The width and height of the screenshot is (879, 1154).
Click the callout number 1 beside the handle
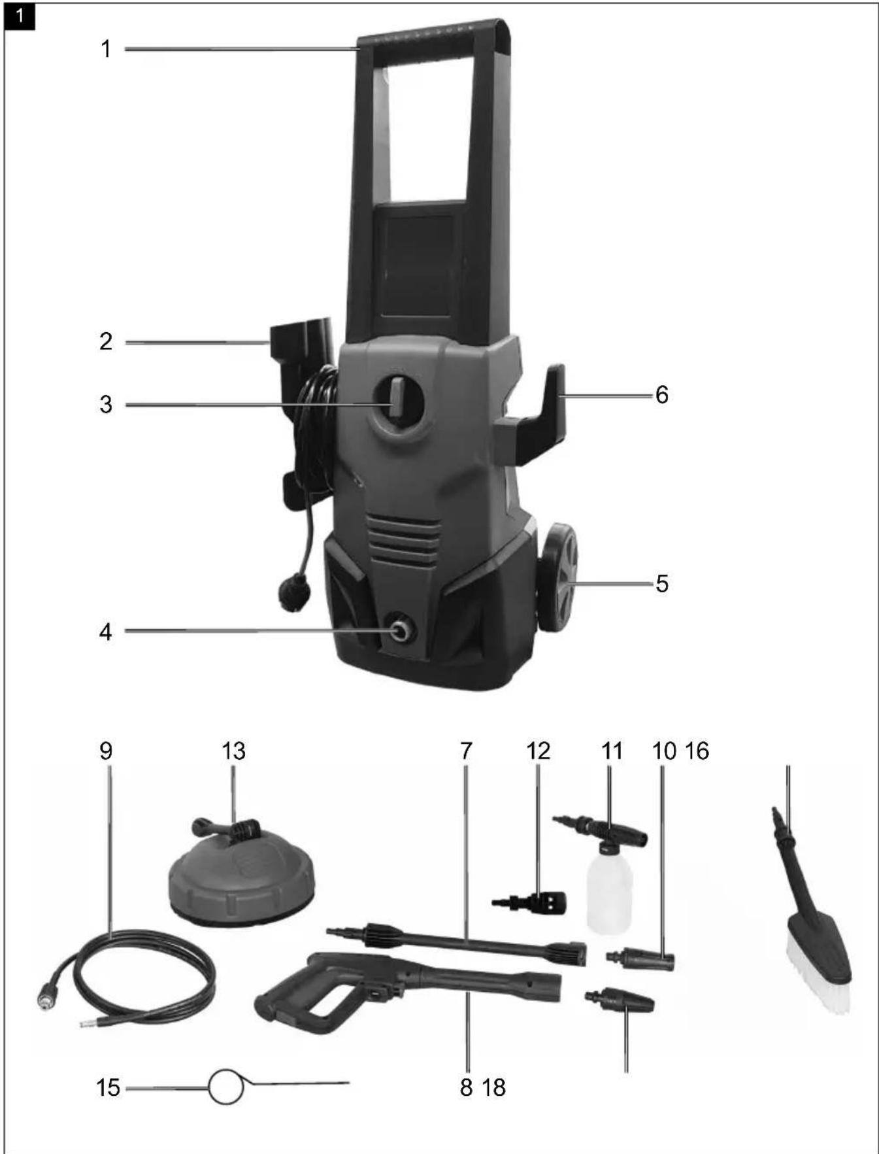pyautogui.click(x=106, y=49)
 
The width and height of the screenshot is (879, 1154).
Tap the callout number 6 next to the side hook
pyautogui.click(x=661, y=395)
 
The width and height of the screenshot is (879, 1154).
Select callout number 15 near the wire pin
pyautogui.click(x=108, y=1087)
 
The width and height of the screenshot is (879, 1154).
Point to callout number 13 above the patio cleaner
pyautogui.click(x=233, y=751)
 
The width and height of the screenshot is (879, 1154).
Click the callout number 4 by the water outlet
pyautogui.click(x=106, y=632)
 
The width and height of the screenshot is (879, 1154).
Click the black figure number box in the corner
pyautogui.click(x=20, y=16)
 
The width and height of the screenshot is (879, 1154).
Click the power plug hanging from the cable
pyautogui.click(x=293, y=591)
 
